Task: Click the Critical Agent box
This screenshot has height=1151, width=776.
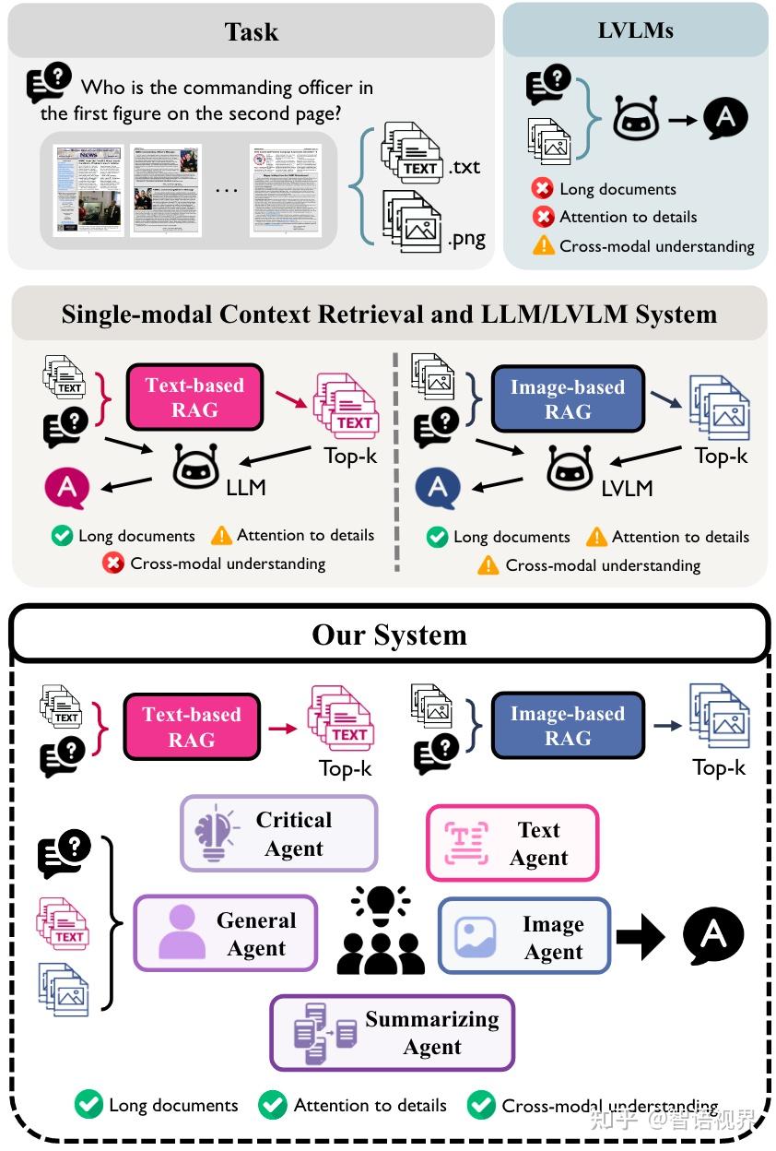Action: click(x=278, y=834)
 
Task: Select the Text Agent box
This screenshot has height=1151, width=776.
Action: click(x=512, y=843)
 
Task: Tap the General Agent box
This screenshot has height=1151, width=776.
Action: click(x=226, y=933)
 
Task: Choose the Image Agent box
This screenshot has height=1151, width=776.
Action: click(x=524, y=937)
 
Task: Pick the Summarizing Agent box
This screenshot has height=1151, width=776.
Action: click(x=392, y=1033)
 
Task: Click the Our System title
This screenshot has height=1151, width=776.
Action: click(x=389, y=635)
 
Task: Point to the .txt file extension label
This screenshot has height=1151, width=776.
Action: click(x=464, y=167)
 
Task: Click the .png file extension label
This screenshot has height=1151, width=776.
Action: click(x=466, y=239)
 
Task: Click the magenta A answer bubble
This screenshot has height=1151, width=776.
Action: click(x=66, y=487)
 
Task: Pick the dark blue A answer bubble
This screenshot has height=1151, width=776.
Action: click(x=438, y=489)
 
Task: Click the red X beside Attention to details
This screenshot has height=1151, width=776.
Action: click(x=543, y=218)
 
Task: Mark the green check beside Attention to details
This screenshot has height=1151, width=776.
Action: click(x=272, y=1104)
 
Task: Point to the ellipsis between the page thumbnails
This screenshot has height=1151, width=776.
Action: click(x=226, y=189)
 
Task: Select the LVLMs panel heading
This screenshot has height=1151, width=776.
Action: click(x=635, y=30)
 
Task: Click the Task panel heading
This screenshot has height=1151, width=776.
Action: click(x=251, y=32)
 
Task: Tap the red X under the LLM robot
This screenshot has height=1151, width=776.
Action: click(x=113, y=563)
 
